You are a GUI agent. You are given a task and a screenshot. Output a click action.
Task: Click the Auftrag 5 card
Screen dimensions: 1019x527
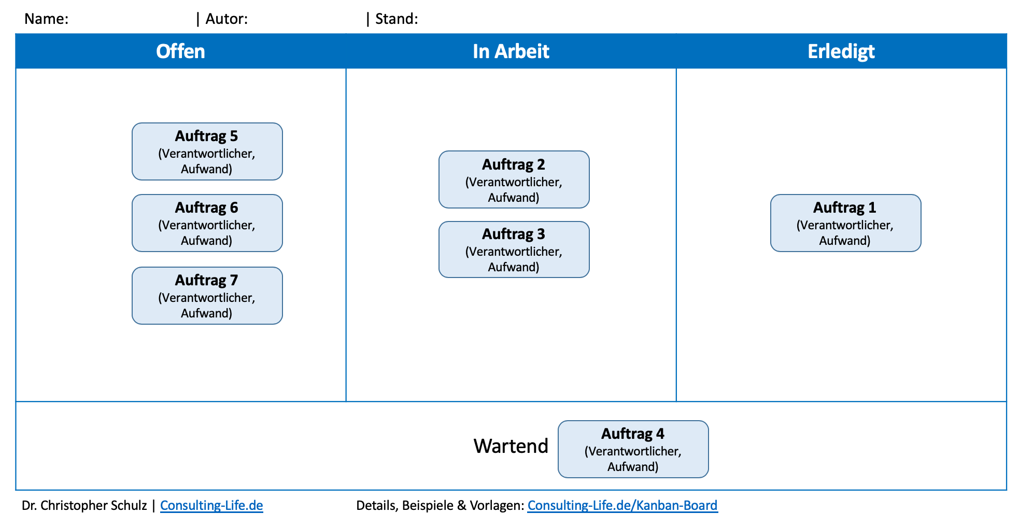pyautogui.click(x=207, y=151)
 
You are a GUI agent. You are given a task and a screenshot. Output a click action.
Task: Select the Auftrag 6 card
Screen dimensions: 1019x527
pyautogui.click(x=207, y=223)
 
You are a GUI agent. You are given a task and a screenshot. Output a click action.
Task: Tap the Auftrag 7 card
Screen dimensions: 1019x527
pyautogui.click(x=207, y=296)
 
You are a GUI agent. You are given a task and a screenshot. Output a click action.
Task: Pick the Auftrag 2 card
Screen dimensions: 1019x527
pyautogui.click(x=514, y=179)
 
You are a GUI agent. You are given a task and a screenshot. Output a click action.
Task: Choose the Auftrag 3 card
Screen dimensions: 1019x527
pyautogui.click(x=514, y=249)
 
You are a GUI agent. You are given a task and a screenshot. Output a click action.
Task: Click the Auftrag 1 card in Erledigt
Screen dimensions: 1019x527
pyautogui.click(x=846, y=223)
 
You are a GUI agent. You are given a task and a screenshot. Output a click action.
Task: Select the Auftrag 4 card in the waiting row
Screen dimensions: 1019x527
pyautogui.click(x=633, y=449)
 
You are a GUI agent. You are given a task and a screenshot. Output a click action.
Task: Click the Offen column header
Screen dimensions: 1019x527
pyautogui.click(x=181, y=51)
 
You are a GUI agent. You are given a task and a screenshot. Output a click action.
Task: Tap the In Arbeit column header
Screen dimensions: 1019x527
pyautogui.click(x=511, y=51)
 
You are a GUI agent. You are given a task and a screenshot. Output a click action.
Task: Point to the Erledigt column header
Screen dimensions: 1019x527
pyautogui.click(x=841, y=51)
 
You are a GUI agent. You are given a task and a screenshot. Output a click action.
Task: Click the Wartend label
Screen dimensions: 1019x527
pyautogui.click(x=511, y=446)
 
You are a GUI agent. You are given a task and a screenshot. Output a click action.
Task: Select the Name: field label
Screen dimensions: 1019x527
pyautogui.click(x=47, y=19)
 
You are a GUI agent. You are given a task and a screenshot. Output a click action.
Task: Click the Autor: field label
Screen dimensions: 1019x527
pyautogui.click(x=227, y=19)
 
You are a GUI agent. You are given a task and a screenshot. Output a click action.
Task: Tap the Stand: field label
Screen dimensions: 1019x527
pyautogui.click(x=397, y=19)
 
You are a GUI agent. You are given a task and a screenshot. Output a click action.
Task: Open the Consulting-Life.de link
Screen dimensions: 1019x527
pyautogui.click(x=211, y=506)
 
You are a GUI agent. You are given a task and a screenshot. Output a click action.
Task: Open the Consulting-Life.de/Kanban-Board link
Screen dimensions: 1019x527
pyautogui.click(x=622, y=506)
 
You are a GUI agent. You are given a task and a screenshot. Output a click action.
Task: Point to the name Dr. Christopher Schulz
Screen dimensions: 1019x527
pyautogui.click(x=84, y=506)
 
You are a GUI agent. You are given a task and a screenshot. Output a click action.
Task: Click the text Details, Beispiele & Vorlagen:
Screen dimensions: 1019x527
pyautogui.click(x=440, y=506)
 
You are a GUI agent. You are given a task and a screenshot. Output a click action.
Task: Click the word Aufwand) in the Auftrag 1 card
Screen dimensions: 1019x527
pyautogui.click(x=845, y=241)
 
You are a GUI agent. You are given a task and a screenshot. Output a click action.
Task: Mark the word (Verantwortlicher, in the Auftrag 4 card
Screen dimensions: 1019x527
pyautogui.click(x=633, y=451)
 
